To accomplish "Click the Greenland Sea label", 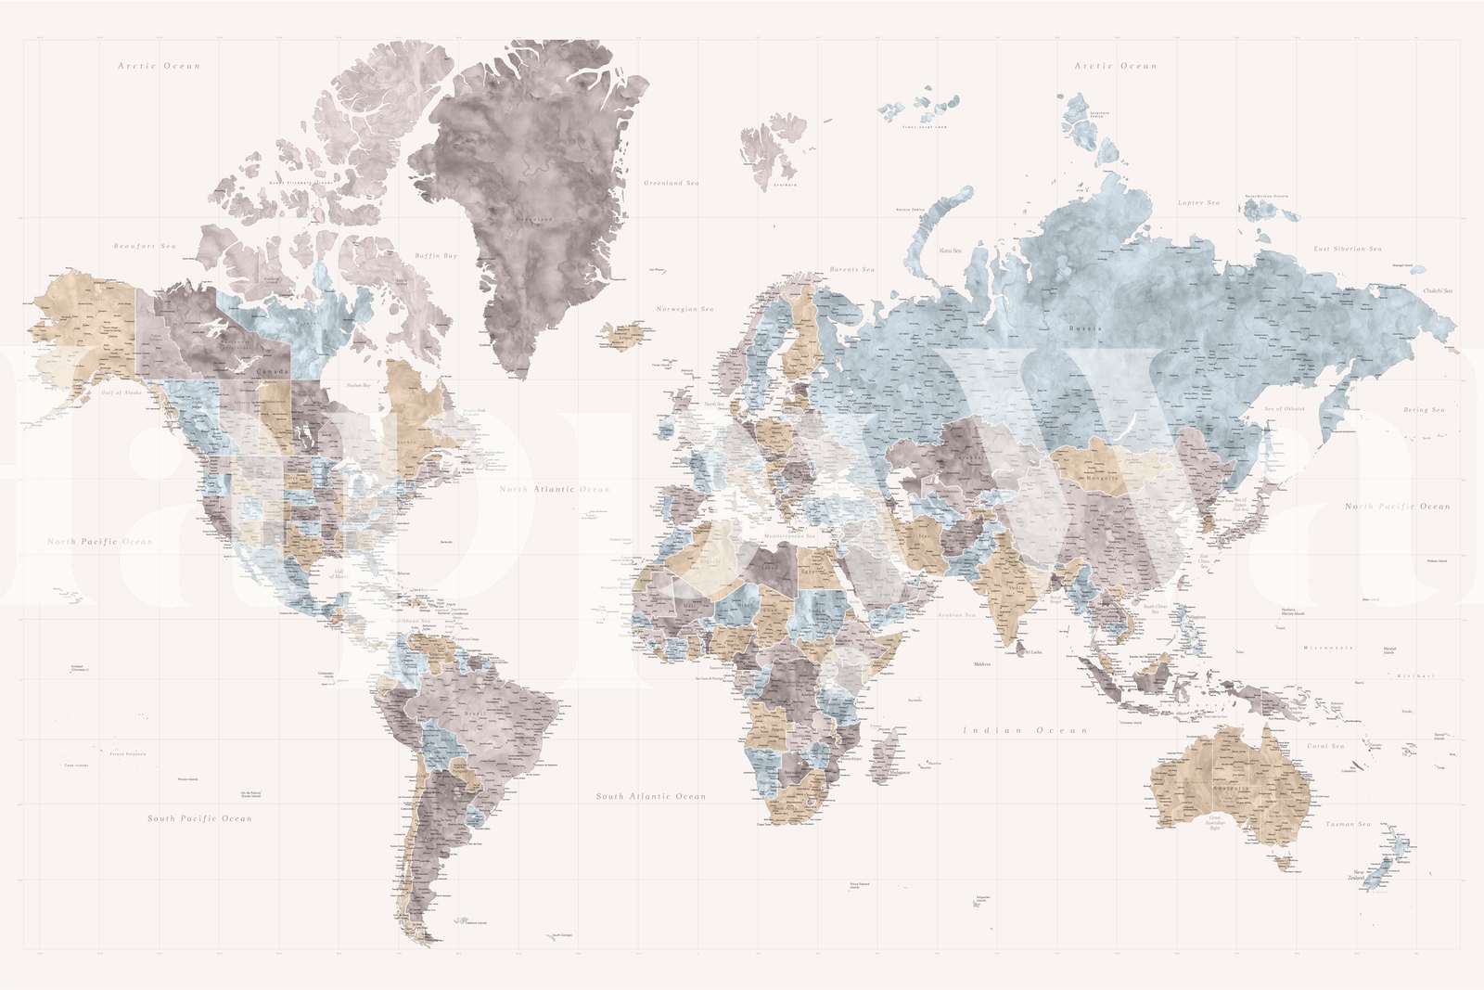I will point(672,183).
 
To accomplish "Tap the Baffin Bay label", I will point(436,255).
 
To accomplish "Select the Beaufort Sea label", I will point(145,246).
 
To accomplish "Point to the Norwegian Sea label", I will point(685,308).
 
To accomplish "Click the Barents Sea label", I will point(851,269).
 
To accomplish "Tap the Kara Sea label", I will point(951,251).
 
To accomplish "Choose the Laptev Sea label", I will point(1198,202).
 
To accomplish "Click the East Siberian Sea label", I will point(1348,249).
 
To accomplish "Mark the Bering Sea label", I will point(1424,409).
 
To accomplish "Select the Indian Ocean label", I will point(1025,730).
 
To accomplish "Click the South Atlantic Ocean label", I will point(651,796).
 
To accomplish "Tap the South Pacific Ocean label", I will point(199,818).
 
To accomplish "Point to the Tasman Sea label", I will point(1348,824).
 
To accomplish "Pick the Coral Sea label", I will point(1325,746).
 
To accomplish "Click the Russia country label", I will point(1085,328).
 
